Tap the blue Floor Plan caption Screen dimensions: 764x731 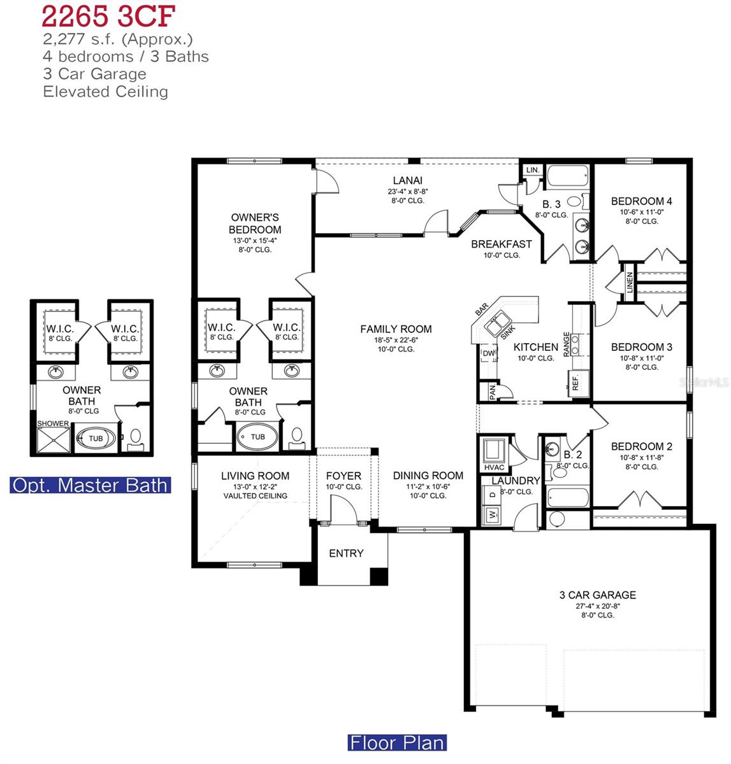pos(396,742)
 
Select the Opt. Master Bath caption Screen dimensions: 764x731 pos(90,485)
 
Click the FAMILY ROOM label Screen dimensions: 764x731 pos(396,329)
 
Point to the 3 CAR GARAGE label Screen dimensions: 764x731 pos(597,595)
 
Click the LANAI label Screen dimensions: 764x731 pos(407,181)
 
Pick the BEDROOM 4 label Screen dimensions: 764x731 pos(641,201)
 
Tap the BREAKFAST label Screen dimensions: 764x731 pos(501,244)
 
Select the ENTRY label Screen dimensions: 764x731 pos(346,554)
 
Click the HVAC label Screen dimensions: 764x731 pos(494,468)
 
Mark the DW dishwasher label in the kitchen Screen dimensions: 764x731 pos(488,353)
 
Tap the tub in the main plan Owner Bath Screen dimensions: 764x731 pos(257,437)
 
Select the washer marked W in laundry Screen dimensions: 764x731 pos(492,514)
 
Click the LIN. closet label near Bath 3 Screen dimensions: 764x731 pos(532,171)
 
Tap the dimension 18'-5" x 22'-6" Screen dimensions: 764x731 pos(396,340)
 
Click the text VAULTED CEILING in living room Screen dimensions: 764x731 pos(255,496)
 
